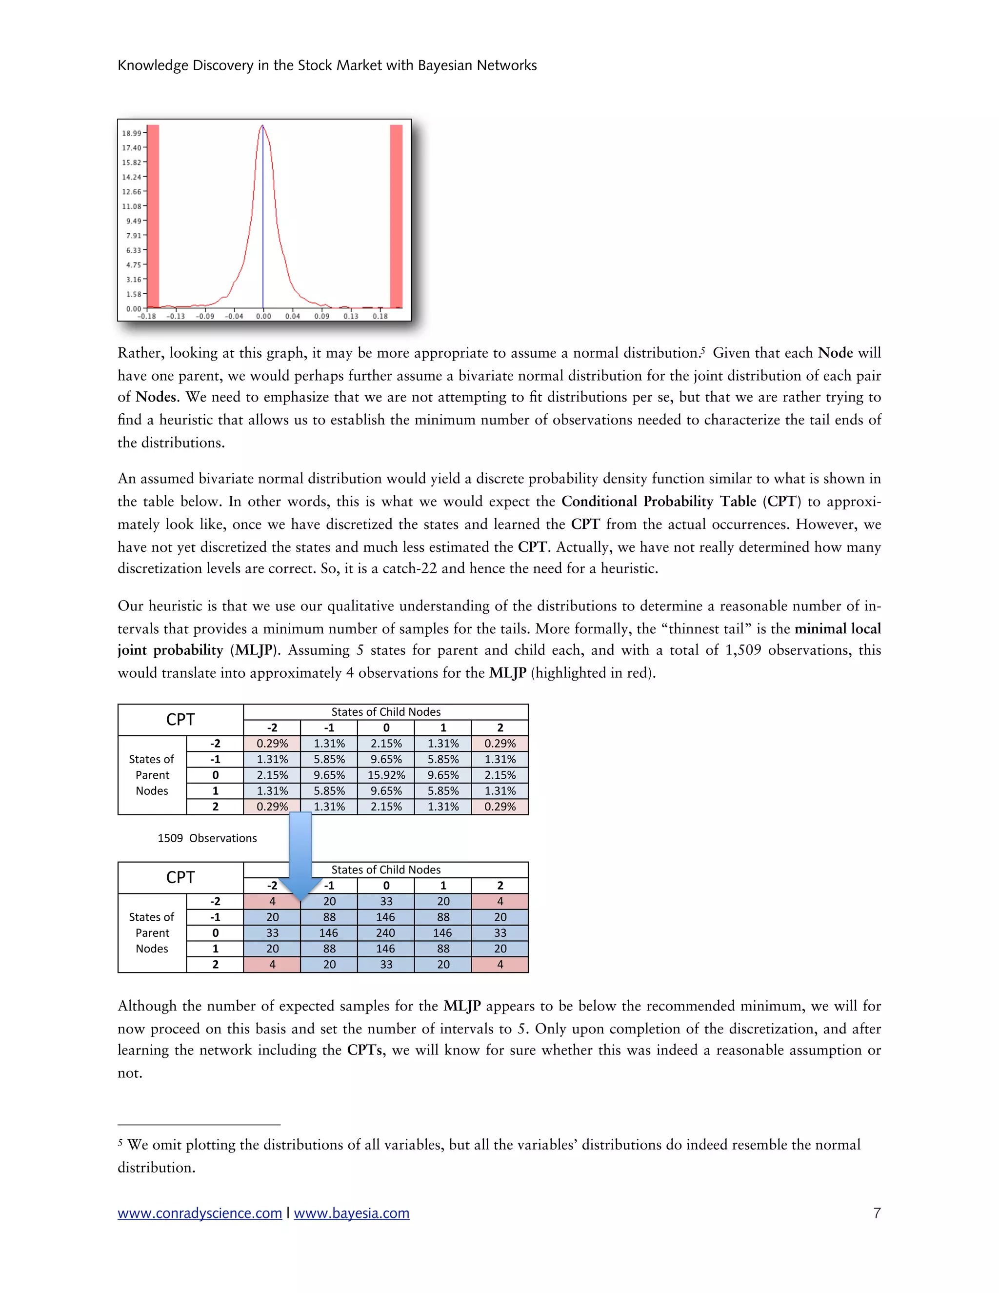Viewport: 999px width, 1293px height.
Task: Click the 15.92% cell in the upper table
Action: [386, 775]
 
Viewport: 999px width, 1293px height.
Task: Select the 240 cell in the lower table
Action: [385, 933]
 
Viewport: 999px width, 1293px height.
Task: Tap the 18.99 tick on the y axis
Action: [131, 133]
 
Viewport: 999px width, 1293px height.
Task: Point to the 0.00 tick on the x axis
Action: [263, 316]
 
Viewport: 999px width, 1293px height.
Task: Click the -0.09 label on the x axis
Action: [205, 316]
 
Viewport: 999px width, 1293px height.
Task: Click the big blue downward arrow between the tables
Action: [300, 852]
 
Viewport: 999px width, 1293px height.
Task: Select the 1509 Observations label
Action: [207, 838]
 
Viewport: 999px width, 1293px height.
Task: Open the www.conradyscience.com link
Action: [200, 1213]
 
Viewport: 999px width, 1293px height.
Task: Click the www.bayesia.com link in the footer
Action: [352, 1213]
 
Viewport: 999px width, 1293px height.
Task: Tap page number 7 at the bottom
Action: [877, 1213]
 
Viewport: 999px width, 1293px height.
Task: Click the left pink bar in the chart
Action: [153, 216]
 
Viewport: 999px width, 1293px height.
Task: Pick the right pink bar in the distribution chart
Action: [396, 216]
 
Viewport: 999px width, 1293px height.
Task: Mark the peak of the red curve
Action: [262, 126]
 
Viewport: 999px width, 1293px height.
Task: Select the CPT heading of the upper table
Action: [180, 720]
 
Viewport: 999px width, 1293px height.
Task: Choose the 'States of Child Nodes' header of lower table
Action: [386, 869]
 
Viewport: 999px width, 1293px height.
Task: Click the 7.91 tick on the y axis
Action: [133, 236]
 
